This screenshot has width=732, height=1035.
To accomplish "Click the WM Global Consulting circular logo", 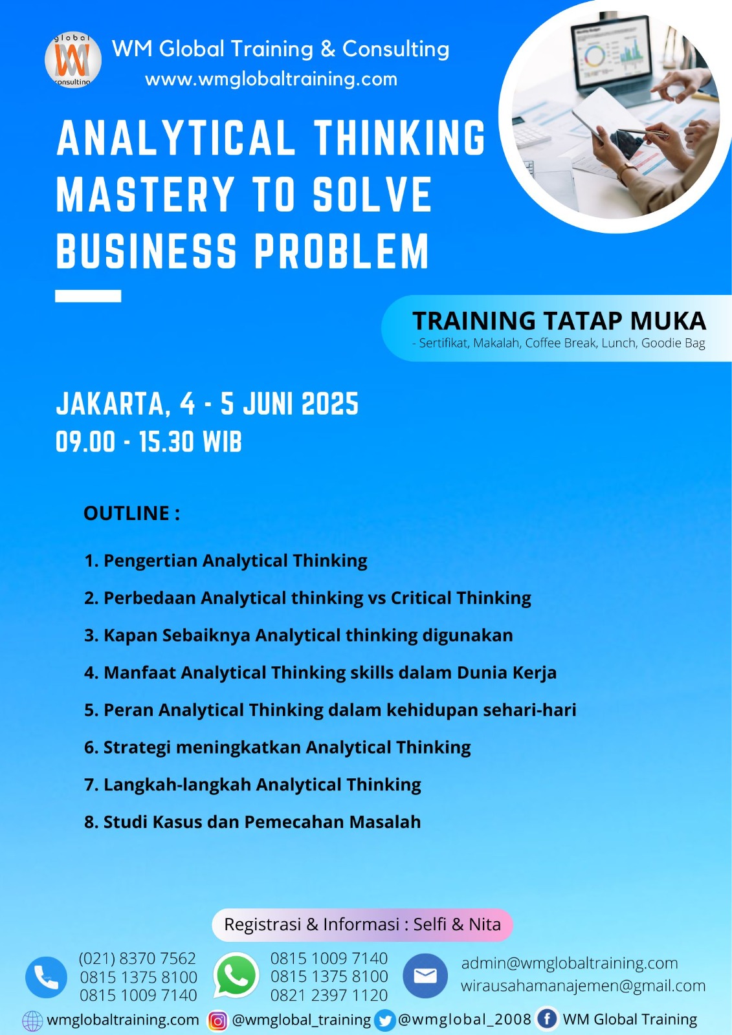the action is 73,60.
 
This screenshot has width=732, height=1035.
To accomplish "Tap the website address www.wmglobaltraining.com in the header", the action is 271,79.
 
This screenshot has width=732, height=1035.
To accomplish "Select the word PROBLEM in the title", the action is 342,251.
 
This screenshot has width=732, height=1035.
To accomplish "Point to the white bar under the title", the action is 88,296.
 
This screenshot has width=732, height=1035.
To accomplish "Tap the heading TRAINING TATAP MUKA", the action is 559,321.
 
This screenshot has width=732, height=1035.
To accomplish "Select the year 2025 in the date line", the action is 329,404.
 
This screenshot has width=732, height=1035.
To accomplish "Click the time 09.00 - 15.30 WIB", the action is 148,442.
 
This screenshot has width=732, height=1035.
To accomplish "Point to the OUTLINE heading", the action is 132,514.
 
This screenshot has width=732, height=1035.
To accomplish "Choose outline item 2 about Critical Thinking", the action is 307,598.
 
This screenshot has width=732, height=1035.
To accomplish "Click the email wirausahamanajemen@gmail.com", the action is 583,986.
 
